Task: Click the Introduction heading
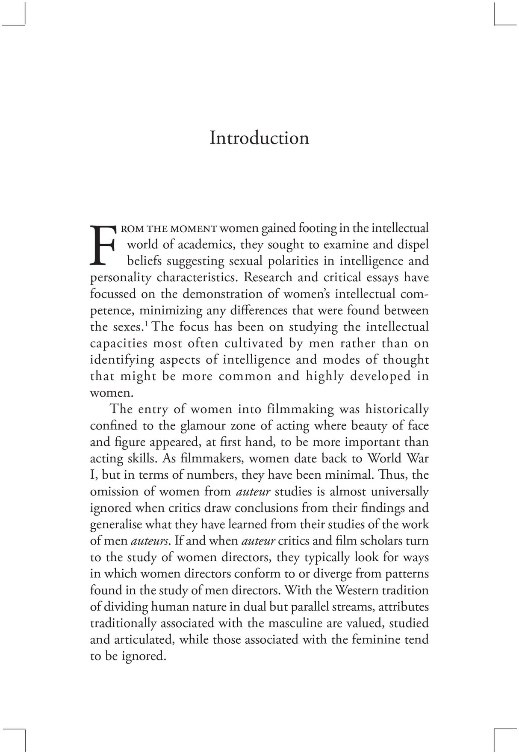(259, 138)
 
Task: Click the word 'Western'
(360, 590)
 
